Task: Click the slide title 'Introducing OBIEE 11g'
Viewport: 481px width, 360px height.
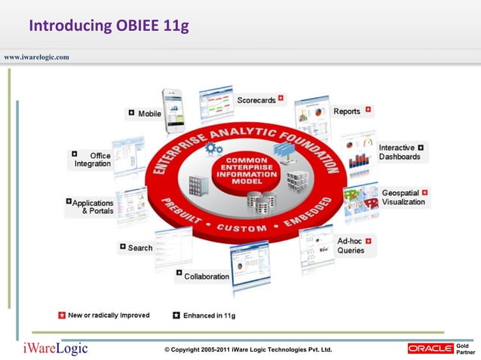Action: pos(108,27)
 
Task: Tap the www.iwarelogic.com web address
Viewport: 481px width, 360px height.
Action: pos(37,56)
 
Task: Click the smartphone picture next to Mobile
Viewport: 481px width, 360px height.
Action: pos(173,109)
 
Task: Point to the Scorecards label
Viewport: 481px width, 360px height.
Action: pos(256,100)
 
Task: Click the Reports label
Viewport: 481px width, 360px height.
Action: pos(347,111)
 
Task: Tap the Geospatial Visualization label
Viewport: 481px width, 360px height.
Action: pos(403,197)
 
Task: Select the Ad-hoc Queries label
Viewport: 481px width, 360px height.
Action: pos(351,246)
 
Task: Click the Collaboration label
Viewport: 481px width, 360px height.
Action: pos(207,276)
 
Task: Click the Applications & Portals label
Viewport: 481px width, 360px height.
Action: pos(93,207)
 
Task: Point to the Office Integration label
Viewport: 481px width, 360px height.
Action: pos(93,160)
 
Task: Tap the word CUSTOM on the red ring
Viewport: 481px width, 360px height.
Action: pos(242,227)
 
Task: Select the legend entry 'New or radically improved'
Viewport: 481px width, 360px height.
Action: pos(109,316)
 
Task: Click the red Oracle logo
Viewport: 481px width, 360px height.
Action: pos(430,348)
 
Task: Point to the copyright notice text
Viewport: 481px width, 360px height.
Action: pos(248,350)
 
